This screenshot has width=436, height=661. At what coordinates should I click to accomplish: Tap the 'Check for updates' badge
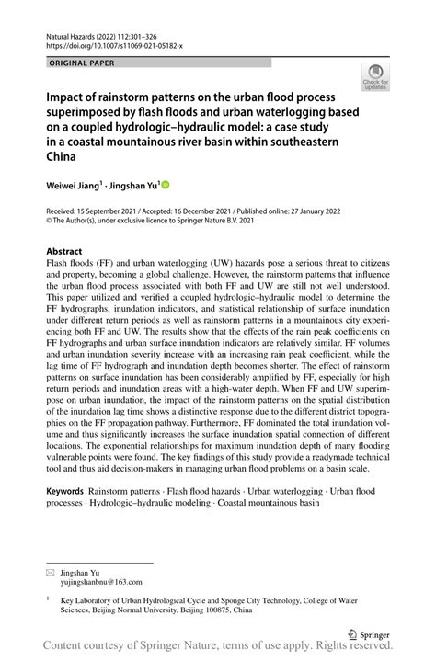coord(376,79)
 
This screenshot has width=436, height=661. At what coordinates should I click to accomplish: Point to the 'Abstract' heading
coord(64,251)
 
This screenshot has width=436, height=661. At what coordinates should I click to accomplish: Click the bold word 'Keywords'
coord(71,491)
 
